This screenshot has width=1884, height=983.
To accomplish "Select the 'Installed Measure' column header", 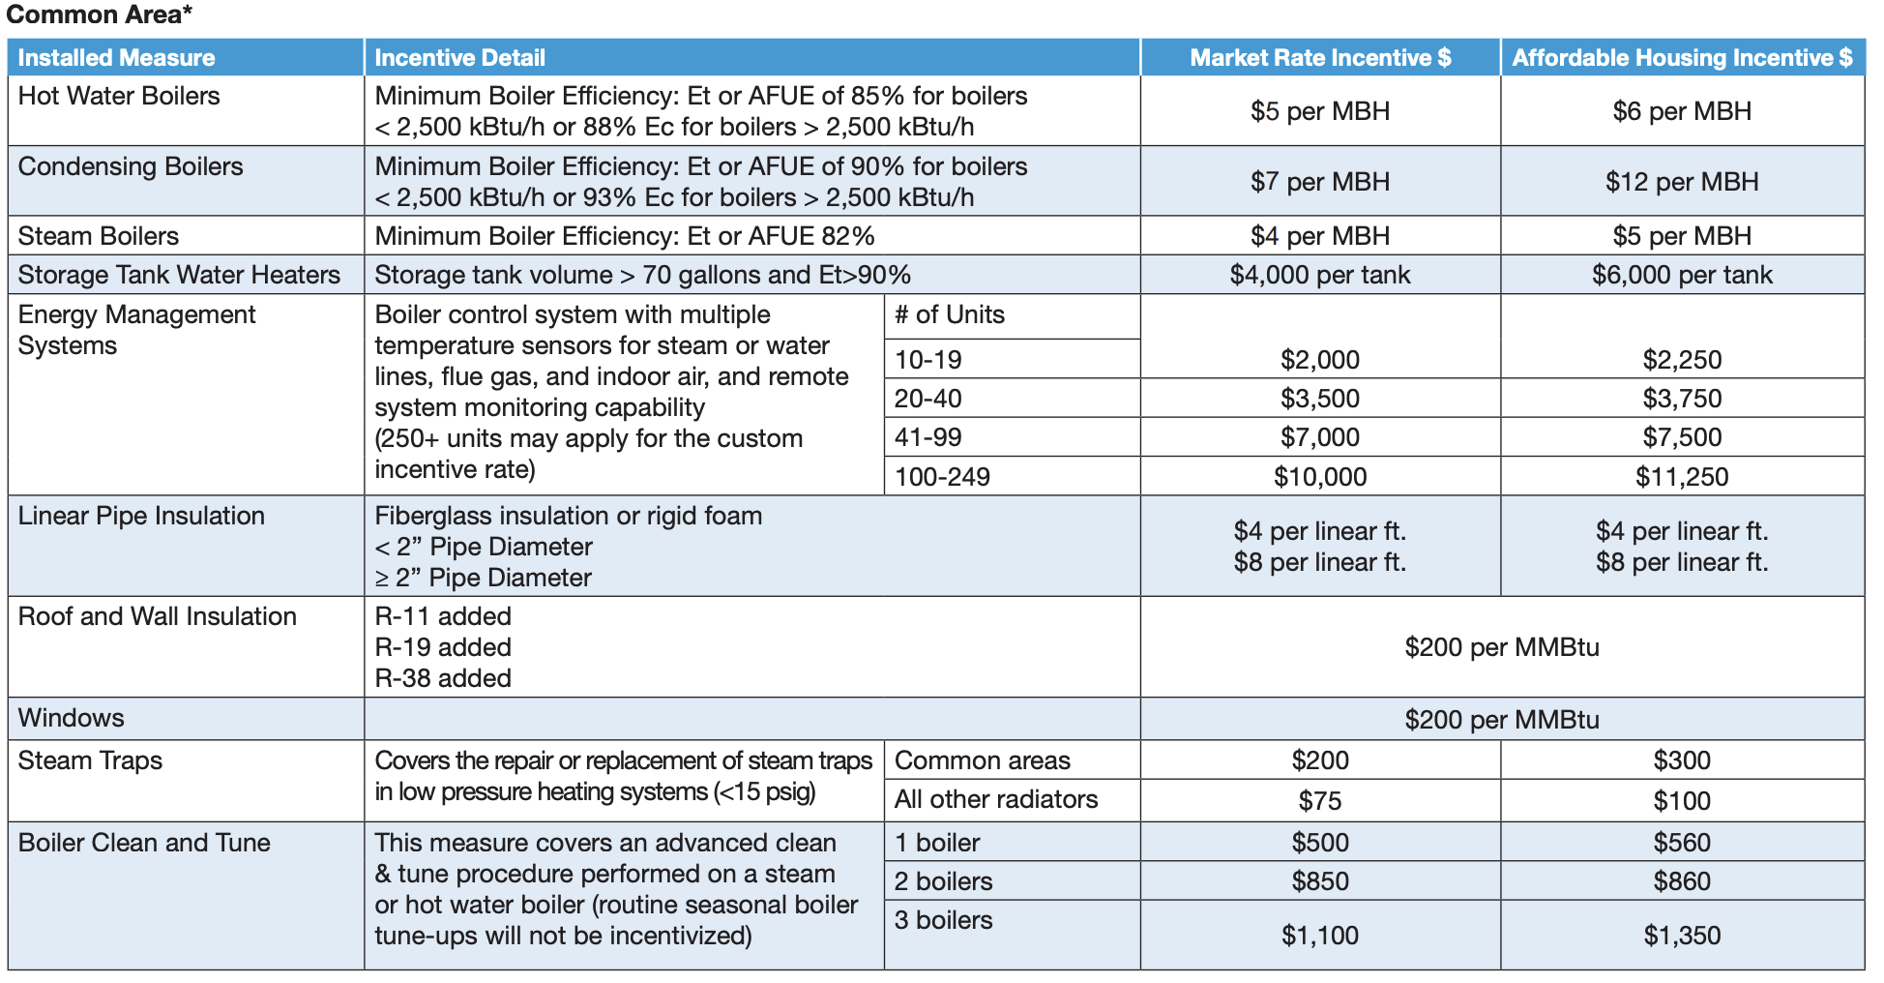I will pyautogui.click(x=116, y=58).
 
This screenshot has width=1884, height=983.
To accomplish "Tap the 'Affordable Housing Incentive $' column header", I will pyautogui.click(x=1682, y=58).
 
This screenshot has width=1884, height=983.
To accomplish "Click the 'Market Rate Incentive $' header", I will pyautogui.click(x=1320, y=58).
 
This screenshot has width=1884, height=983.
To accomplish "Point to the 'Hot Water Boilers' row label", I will pyautogui.click(x=119, y=96).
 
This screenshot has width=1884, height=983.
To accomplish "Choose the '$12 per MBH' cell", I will pyautogui.click(x=1682, y=182).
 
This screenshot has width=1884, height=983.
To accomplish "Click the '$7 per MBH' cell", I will pyautogui.click(x=1320, y=182).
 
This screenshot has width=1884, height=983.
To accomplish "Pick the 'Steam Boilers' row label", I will pyautogui.click(x=99, y=236).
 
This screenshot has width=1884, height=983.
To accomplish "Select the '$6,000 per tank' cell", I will pyautogui.click(x=1682, y=275).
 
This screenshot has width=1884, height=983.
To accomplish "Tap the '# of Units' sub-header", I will pyautogui.click(x=949, y=314).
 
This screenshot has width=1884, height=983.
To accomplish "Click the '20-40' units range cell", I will pyautogui.click(x=928, y=399).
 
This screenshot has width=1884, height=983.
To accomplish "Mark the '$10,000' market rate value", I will pyautogui.click(x=1320, y=477).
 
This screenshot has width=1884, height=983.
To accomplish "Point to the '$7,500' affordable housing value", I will pyautogui.click(x=1682, y=437).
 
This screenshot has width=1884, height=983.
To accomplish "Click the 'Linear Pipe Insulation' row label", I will pyautogui.click(x=141, y=516).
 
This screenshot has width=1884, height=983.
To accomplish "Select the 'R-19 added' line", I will pyautogui.click(x=443, y=647).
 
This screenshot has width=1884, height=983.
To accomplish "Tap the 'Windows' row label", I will pyautogui.click(x=72, y=718).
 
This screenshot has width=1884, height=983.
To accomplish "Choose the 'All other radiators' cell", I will pyautogui.click(x=996, y=799).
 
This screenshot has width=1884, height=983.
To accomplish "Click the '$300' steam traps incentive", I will pyautogui.click(x=1682, y=760).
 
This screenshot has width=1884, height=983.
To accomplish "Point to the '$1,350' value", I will pyautogui.click(x=1682, y=936).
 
